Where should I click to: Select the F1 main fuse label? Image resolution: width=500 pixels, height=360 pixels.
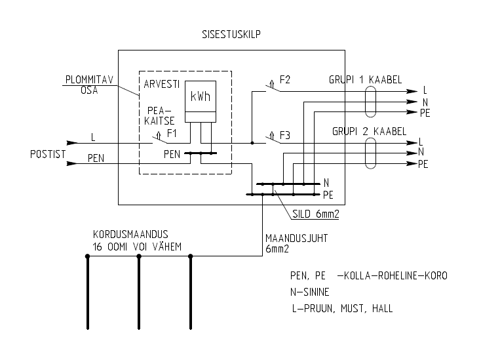[172, 132]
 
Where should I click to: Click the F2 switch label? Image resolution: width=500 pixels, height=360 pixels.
[284, 80]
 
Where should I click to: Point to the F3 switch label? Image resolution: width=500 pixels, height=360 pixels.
[284, 136]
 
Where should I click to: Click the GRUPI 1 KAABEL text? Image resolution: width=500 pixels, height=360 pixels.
[365, 79]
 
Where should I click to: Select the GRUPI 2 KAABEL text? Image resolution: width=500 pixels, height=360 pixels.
[365, 130]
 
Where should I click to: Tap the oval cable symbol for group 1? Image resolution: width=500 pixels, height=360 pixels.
[371, 102]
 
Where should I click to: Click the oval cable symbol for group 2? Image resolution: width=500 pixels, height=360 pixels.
[371, 153]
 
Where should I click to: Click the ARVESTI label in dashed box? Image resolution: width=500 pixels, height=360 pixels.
[162, 85]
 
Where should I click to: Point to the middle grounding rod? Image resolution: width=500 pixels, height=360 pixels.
[139, 292]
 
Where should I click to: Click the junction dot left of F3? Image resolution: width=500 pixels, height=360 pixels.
[252, 142]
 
